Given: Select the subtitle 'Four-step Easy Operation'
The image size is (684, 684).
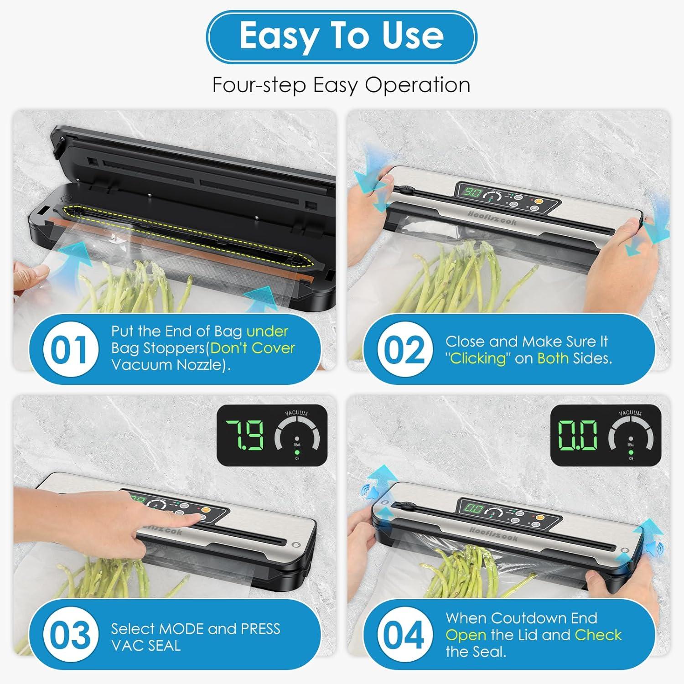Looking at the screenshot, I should tap(341, 85).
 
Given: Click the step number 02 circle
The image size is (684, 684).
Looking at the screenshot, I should tap(404, 350).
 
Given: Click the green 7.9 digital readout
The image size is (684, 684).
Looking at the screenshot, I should tap(245, 435).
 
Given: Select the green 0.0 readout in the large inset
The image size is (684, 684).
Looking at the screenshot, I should tap(577, 435).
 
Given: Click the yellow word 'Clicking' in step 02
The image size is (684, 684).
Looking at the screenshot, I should tap(478, 358).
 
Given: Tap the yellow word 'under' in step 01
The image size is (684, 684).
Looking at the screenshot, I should tap(267, 331).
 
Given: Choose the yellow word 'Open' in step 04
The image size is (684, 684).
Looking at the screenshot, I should tap(466, 635).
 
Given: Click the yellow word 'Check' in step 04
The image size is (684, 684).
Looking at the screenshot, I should tap(598, 635).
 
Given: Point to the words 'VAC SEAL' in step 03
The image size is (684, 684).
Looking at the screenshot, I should tap(146, 646).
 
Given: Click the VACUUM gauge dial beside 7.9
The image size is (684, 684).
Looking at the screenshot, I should tap(297, 435).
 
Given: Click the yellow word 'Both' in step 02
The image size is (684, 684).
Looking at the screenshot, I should tap(553, 358).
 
